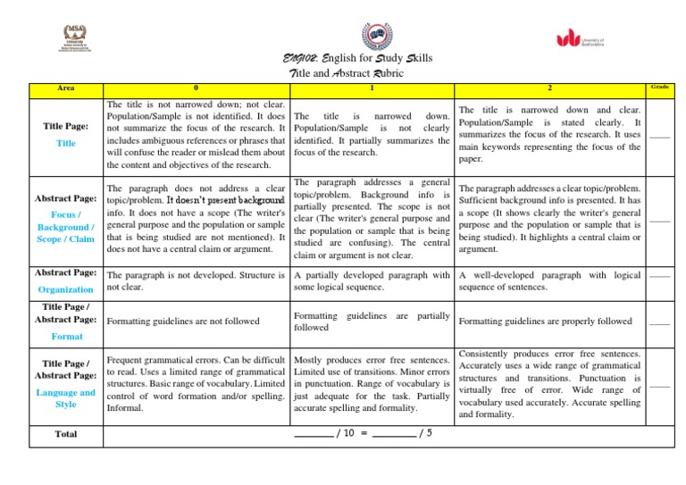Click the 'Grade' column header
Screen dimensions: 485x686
pos(660,87)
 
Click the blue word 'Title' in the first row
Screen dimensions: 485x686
pos(66,143)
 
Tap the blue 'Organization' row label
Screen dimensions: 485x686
pos(66,289)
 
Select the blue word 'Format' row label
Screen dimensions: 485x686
pos(66,336)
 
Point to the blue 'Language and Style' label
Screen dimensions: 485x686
pos(66,398)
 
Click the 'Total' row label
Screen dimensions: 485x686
pos(66,433)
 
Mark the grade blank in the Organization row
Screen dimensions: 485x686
pos(660,277)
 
